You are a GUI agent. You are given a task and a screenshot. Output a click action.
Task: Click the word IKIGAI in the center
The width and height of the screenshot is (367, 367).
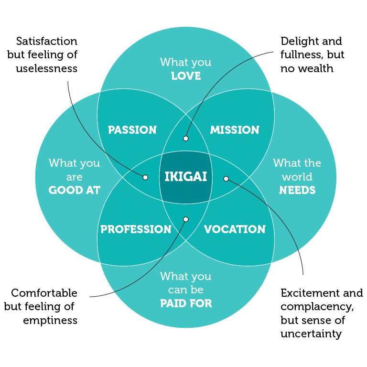(x=185, y=177)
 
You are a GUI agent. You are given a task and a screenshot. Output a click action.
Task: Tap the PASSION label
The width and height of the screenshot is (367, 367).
(x=132, y=130)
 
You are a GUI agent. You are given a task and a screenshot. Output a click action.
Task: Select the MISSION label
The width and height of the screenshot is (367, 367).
(x=235, y=130)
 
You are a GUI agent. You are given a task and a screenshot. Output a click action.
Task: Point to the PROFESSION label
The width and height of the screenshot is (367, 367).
(x=136, y=229)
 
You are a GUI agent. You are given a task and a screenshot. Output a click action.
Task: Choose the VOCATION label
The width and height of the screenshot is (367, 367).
(x=235, y=229)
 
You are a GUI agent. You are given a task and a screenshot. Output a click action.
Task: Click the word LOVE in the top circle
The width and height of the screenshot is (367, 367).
(x=186, y=76)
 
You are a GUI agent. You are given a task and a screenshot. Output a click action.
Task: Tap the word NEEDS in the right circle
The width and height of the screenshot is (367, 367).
(x=297, y=190)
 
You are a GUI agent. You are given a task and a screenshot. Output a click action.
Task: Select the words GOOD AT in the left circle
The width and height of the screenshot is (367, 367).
(x=75, y=190)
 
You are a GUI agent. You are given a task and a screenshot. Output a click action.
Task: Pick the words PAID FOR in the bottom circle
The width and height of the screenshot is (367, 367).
(x=186, y=303)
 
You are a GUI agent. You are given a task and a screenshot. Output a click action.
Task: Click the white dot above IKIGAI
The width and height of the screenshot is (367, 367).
(x=186, y=139)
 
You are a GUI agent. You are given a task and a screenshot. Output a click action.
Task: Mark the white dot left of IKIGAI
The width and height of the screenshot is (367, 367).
(x=145, y=177)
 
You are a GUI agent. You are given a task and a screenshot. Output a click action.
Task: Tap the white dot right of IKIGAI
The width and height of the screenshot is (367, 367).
(x=227, y=179)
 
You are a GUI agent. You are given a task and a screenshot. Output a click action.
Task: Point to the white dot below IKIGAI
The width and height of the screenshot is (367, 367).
(x=186, y=219)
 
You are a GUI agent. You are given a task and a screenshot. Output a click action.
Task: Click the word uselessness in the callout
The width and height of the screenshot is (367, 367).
(x=46, y=68)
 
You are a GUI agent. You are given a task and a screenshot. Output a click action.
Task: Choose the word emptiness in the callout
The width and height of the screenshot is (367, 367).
(x=50, y=320)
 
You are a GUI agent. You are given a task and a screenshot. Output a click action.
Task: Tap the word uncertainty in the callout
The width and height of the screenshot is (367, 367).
(x=311, y=334)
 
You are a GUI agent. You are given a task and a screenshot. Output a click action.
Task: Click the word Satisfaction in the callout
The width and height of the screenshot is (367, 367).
(x=46, y=41)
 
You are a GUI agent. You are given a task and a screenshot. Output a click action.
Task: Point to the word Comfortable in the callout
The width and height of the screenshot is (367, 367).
(x=44, y=293)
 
